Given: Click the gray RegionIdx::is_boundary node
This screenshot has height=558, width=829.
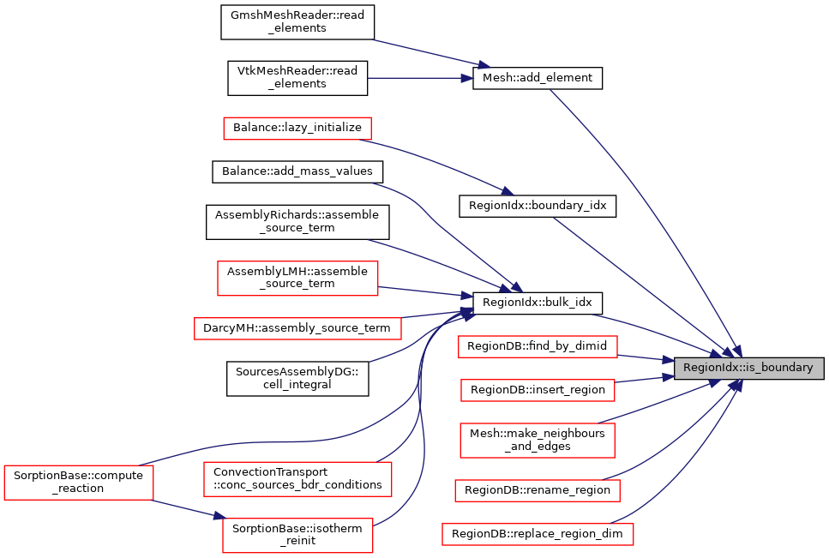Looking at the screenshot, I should pyautogui.click(x=748, y=368).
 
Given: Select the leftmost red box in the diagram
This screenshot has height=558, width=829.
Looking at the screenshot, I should pyautogui.click(x=79, y=483).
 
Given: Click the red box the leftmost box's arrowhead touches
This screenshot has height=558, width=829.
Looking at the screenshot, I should pyautogui.click(x=297, y=536).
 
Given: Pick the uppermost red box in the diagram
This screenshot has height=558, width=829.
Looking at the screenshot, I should pyautogui.click(x=297, y=129).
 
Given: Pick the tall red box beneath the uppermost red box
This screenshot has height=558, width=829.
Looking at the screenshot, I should pyautogui.click(x=297, y=279).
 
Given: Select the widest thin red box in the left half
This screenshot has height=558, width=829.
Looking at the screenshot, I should pyautogui.click(x=297, y=328).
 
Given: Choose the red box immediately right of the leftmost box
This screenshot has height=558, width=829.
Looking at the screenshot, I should pyautogui.click(x=297, y=479).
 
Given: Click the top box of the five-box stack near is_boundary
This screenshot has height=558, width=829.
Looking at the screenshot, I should pyautogui.click(x=538, y=347).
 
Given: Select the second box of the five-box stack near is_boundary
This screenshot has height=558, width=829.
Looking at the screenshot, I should pyautogui.click(x=538, y=391).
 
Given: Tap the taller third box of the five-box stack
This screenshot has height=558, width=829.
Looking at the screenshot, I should pyautogui.click(x=538, y=441).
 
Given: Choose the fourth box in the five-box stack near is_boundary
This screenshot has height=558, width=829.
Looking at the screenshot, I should pyautogui.click(x=538, y=491).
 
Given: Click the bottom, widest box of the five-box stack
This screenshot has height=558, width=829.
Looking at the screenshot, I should pyautogui.click(x=538, y=535).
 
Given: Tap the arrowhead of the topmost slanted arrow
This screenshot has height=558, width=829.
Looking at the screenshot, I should pyautogui.click(x=484, y=65).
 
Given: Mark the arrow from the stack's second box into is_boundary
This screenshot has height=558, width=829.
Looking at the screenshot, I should pyautogui.click(x=643, y=379).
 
